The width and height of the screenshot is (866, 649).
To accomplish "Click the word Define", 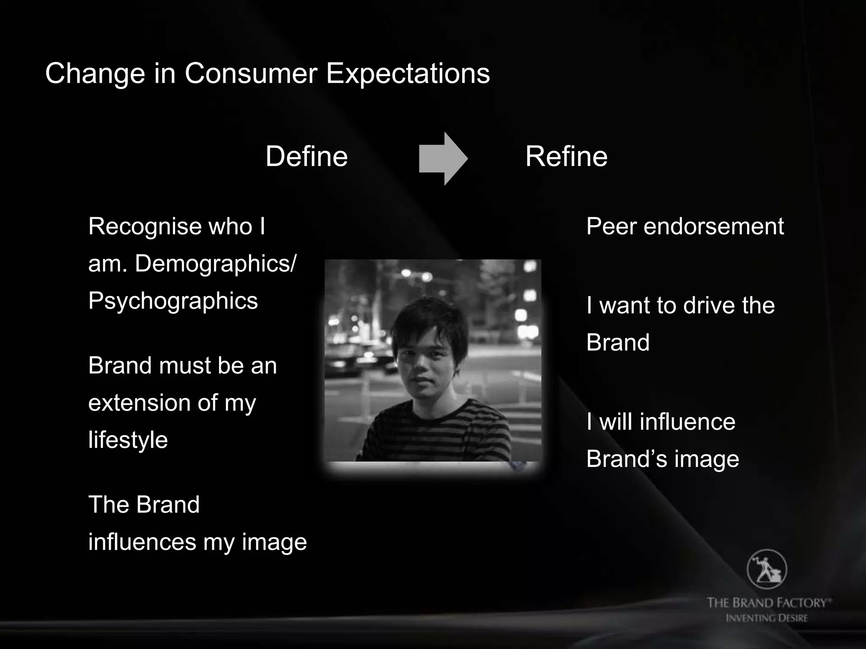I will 307,156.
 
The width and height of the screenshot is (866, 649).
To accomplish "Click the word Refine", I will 566,156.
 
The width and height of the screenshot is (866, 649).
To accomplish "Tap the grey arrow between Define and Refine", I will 443,159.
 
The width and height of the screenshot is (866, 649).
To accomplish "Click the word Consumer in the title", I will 251,74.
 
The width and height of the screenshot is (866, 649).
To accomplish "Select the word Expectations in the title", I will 408,74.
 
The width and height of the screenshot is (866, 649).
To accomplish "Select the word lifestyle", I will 128,440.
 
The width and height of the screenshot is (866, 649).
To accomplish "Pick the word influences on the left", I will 142,542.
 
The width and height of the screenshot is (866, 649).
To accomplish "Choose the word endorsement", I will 714,226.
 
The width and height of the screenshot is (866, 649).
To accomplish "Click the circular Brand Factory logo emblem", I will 767,570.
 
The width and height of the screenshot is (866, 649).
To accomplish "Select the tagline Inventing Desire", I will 767,618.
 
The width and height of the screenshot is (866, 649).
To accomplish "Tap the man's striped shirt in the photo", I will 436,435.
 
